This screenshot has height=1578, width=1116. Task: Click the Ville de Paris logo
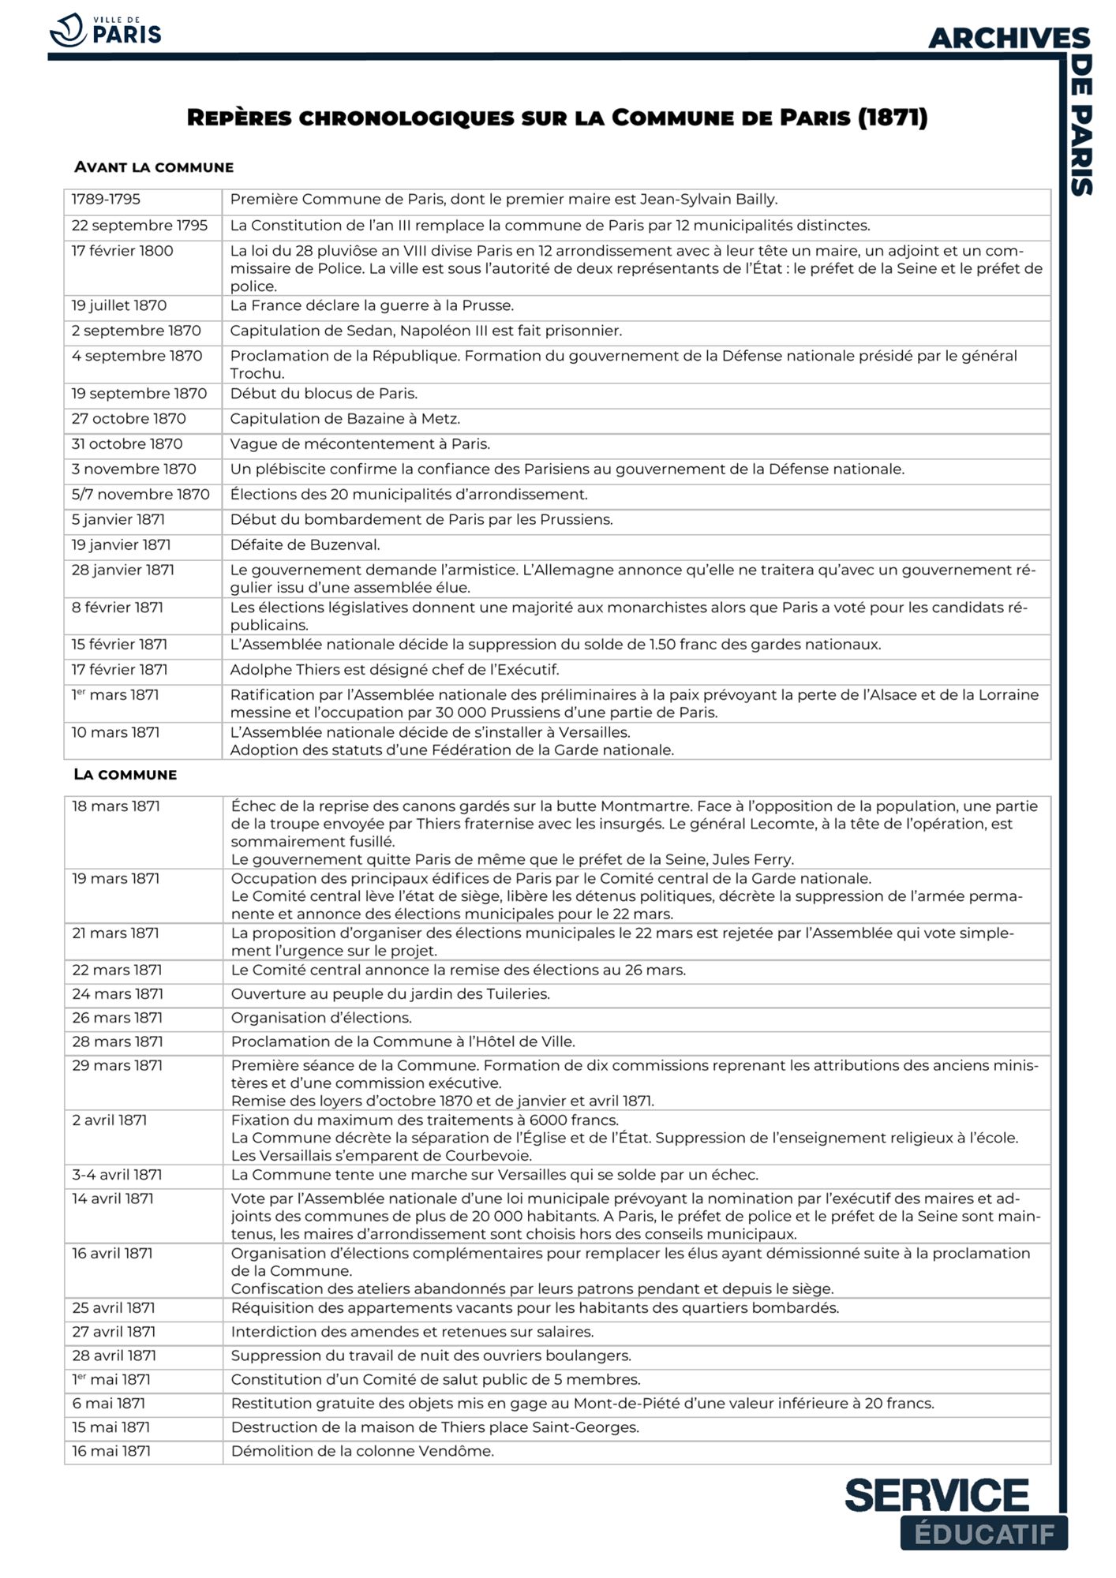[105, 31]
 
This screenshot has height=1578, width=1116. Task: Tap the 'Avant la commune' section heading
[154, 167]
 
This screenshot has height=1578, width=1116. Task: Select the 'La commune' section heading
[125, 774]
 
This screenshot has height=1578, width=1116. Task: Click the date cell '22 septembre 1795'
[140, 226]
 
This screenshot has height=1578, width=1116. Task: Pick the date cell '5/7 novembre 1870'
[140, 495]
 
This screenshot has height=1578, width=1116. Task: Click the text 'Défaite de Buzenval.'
[305, 545]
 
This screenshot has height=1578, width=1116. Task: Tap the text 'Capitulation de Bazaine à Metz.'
[345, 419]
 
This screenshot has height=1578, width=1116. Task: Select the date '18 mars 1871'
[116, 806]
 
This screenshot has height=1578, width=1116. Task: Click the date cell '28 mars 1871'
[117, 1041]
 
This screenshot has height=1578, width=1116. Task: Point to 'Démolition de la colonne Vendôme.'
[362, 1451]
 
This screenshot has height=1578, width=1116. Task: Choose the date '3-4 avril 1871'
[117, 1175]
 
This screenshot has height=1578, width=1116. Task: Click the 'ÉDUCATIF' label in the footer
[983, 1534]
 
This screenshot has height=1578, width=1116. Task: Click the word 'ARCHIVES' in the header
[1009, 38]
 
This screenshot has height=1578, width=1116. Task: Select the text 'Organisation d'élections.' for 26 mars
[321, 1018]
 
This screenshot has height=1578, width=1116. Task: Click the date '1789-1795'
[106, 200]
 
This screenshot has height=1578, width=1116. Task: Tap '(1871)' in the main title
[892, 118]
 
